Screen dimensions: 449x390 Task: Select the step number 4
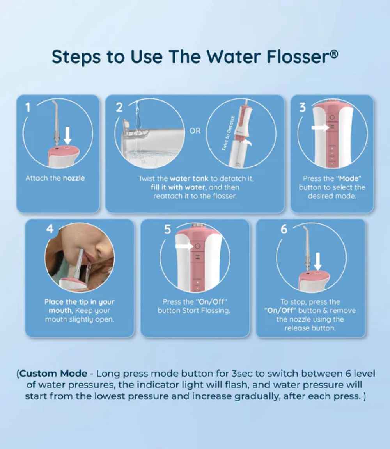coord(50,229)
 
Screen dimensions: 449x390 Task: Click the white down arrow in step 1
coord(68,135)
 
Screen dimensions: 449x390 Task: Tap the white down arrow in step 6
coord(318,260)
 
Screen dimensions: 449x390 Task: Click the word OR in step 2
coord(195,131)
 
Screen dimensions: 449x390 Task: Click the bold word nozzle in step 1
coord(74,178)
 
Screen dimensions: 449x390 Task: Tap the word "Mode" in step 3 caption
coord(350,178)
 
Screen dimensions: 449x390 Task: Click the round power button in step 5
coord(197,246)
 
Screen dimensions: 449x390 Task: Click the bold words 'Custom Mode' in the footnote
coord(54,373)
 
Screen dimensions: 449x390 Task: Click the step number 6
coord(284,230)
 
